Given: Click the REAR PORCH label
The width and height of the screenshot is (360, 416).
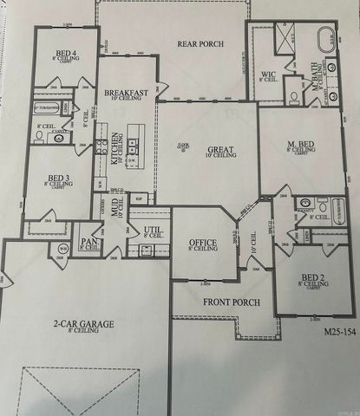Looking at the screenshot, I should (200, 44).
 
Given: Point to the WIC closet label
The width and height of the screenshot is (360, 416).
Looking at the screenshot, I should (268, 75).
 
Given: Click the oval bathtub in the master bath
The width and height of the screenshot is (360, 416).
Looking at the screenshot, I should (324, 40).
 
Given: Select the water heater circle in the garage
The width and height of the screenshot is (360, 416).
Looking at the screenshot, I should (63, 250).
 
